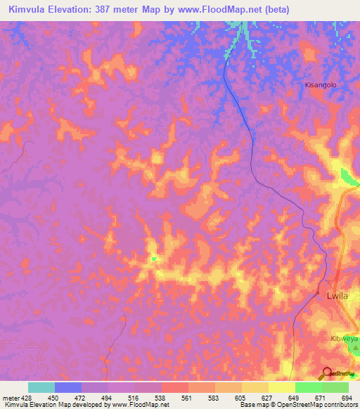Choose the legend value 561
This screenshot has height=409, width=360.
[186, 397]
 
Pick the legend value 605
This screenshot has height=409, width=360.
[240, 397]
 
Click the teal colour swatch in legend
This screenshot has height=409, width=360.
[41, 387]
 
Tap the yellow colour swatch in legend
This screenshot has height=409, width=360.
[281, 387]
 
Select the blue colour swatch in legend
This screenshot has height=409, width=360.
[67, 387]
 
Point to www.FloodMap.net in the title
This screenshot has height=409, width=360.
[223, 9]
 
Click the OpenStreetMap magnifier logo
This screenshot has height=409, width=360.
[327, 374]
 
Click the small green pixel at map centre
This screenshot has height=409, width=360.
[154, 259]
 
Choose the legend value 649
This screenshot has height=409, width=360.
[293, 397]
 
